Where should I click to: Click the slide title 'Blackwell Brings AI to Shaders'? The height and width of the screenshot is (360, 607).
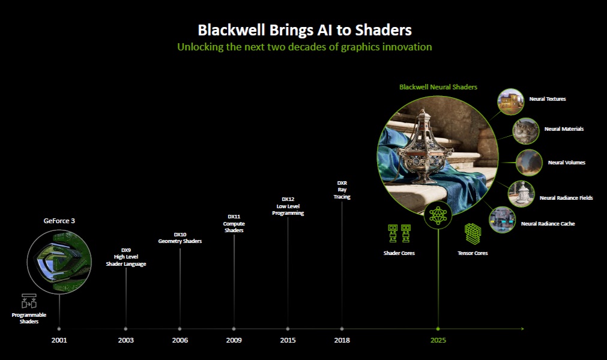pyautogui.click(x=304, y=30)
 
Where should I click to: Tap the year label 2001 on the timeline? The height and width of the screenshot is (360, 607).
pyautogui.click(x=59, y=340)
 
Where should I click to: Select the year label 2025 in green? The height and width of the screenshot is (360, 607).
pyautogui.click(x=438, y=340)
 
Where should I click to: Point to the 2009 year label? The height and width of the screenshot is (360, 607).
pyautogui.click(x=234, y=340)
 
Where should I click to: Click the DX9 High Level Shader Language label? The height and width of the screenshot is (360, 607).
pyautogui.click(x=126, y=257)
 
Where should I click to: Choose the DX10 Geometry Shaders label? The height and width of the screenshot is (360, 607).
pyautogui.click(x=180, y=238)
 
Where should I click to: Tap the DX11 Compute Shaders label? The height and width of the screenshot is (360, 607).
pyautogui.click(x=234, y=223)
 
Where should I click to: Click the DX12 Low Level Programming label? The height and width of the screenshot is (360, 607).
pyautogui.click(x=288, y=206)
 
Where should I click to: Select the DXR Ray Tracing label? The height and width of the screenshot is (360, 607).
pyautogui.click(x=342, y=190)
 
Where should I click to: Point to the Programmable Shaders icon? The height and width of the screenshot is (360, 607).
pyautogui.click(x=29, y=301)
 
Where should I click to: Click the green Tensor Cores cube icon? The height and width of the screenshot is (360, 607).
pyautogui.click(x=473, y=234)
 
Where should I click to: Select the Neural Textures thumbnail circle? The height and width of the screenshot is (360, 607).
pyautogui.click(x=510, y=101)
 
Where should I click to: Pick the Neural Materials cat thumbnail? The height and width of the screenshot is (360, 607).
pyautogui.click(x=525, y=131)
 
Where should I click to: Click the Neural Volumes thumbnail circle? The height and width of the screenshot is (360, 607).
pyautogui.click(x=529, y=163)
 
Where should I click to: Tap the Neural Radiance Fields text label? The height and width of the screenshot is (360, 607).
pyautogui.click(x=566, y=197)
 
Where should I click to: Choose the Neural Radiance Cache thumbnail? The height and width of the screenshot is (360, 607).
pyautogui.click(x=502, y=220)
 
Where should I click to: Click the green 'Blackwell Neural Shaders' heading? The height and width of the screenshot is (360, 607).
pyautogui.click(x=438, y=87)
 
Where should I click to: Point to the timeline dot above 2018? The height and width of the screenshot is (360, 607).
pyautogui.click(x=342, y=329)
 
